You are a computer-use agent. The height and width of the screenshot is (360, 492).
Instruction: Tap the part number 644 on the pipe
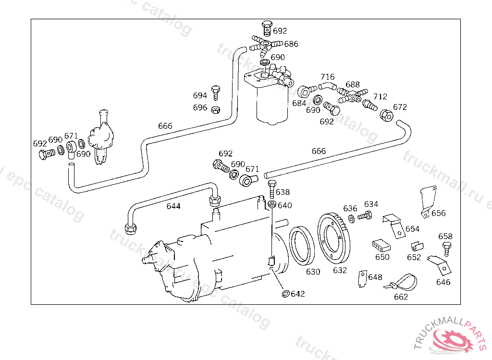tap(173, 206)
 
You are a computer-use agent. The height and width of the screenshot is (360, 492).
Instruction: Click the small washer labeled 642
tap(285, 293)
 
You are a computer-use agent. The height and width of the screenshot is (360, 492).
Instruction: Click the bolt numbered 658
tap(446, 248)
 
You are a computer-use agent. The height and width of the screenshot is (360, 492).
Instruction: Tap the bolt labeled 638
tap(271, 189)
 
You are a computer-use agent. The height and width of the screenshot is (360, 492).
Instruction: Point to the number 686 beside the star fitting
tap(291, 44)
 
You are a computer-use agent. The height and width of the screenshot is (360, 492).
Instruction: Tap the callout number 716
tap(328, 77)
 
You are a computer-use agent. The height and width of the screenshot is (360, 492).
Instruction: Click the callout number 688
tap(353, 84)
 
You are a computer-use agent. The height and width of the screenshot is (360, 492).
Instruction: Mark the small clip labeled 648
tap(361, 278)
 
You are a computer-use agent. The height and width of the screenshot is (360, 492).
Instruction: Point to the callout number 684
tap(299, 103)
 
